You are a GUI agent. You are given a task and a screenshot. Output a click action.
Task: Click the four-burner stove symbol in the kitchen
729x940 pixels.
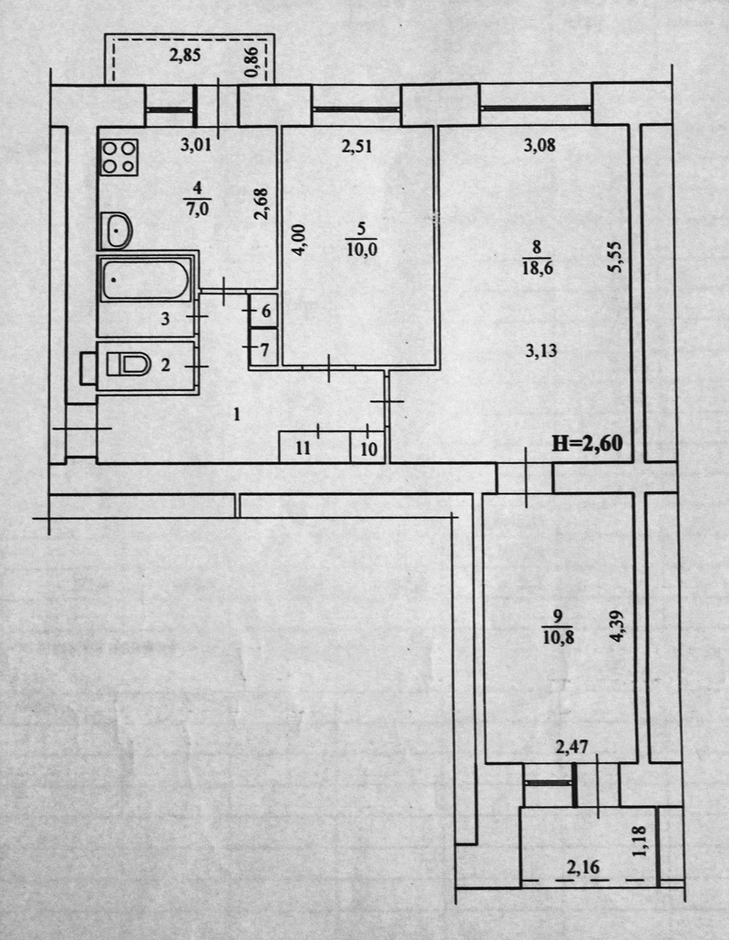tap(119, 157)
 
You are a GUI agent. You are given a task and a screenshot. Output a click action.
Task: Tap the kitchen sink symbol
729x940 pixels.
tap(117, 230)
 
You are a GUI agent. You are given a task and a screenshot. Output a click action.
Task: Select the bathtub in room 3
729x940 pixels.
tap(146, 280)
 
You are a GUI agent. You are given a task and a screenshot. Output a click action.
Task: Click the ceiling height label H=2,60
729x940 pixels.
tap(587, 443)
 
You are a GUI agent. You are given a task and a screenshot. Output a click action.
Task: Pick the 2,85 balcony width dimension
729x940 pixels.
tap(185, 56)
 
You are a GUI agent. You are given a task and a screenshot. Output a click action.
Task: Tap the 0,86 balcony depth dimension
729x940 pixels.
tap(252, 62)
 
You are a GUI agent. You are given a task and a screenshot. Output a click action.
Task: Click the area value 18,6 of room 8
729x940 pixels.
tap(537, 268)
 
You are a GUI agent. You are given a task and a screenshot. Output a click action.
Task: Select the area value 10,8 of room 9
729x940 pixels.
tap(559, 636)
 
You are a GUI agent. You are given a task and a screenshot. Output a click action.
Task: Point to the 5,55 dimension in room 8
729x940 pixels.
tap(615, 256)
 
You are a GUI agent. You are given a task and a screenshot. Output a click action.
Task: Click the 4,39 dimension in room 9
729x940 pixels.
tap(616, 626)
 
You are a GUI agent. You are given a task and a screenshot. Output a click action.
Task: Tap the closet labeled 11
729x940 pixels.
tap(314, 448)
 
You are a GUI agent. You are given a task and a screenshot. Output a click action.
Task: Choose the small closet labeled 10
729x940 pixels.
tap(369, 448)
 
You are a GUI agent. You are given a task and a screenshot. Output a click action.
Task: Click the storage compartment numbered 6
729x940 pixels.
tap(263, 311)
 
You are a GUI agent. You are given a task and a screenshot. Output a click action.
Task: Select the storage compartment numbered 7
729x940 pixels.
tap(263, 347)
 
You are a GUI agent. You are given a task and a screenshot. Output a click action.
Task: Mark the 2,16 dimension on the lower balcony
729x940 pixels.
tap(583, 866)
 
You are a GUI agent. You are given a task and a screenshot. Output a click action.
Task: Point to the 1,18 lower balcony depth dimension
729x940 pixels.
tap(639, 842)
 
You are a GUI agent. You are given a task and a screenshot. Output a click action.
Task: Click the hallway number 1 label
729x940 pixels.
tap(237, 414)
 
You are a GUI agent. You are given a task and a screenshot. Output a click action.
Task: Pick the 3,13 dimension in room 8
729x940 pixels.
tap(541, 351)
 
